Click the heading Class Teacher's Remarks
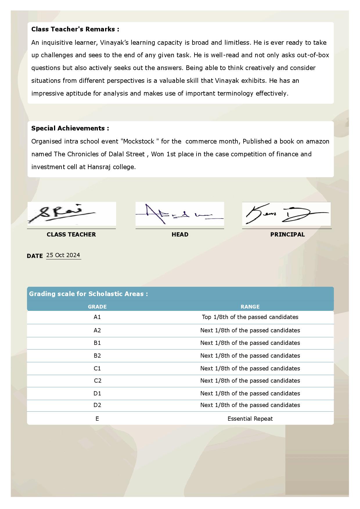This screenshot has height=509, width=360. [75, 29]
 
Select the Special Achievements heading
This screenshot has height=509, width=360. [70, 128]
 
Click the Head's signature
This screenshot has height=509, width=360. [179, 214]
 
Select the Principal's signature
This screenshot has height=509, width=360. [286, 214]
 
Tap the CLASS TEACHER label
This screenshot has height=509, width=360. [71, 234]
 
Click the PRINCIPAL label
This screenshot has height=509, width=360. [287, 234]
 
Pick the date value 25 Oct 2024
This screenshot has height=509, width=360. [63, 255]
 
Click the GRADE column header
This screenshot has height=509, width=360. [97, 307]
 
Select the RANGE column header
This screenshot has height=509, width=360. [250, 307]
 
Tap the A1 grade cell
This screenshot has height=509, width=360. [97, 317]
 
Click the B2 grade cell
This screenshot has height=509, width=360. [97, 356]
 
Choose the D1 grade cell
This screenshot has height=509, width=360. [97, 393]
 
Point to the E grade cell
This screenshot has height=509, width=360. [97, 419]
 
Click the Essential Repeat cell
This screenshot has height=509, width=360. [250, 419]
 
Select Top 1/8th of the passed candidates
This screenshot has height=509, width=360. [250, 317]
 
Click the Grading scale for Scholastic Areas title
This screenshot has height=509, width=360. [88, 294]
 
